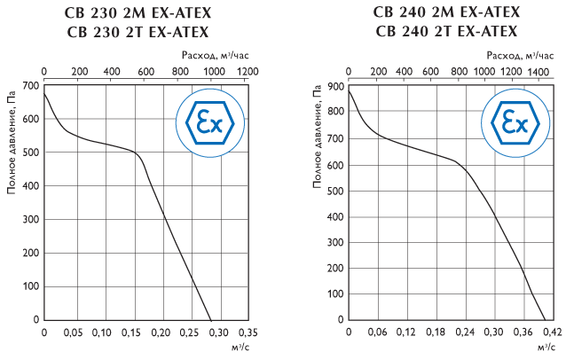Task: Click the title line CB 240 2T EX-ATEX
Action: pos(447,32)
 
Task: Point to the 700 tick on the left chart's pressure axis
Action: pos(31,86)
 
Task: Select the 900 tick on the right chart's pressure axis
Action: pos(337,86)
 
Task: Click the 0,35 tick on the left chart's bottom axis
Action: pos(248,333)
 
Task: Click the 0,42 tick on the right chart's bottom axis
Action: pos(552,333)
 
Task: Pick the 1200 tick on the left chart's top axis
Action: pos(248,72)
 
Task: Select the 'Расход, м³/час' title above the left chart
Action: pos(209,54)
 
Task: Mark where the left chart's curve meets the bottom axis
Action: pos(210,320)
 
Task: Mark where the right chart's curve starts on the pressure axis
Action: pos(349,90)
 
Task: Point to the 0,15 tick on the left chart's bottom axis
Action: pos(130,333)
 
